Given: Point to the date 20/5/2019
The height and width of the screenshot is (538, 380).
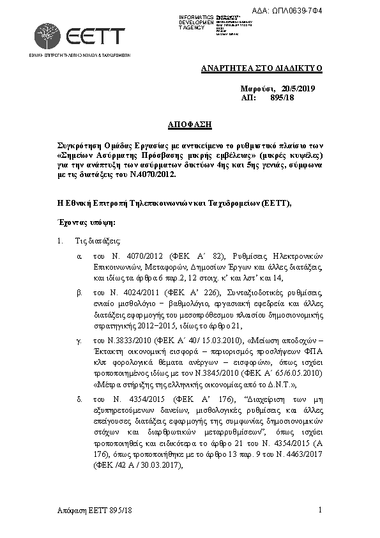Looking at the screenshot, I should (298, 88).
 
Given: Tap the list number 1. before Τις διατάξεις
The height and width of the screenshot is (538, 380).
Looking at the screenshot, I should (61, 241).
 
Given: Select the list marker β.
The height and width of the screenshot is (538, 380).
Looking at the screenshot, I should (79, 292).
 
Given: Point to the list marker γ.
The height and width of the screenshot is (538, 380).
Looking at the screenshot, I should (79, 342).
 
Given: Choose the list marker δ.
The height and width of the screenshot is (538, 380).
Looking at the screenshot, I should (79, 399).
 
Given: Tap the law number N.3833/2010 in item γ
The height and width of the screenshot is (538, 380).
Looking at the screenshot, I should (124, 342).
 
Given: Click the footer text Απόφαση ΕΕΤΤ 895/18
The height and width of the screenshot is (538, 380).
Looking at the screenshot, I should (94, 511).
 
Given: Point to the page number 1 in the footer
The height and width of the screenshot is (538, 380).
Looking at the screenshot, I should (319, 510).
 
